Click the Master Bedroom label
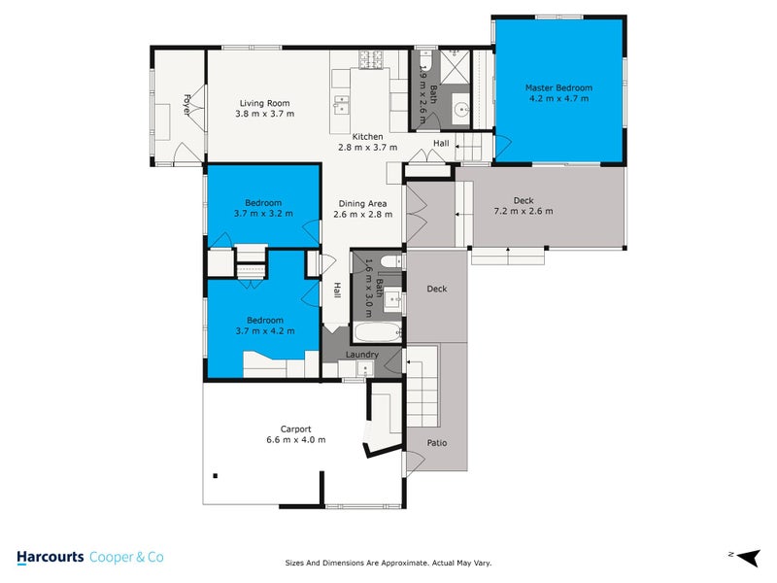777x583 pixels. pyautogui.click(x=558, y=87)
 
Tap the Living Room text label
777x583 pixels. pyautogui.click(x=264, y=103)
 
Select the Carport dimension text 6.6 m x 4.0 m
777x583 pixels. pyautogui.click(x=295, y=439)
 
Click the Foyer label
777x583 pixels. pyautogui.click(x=186, y=103)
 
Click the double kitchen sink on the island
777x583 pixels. pyautogui.click(x=343, y=101)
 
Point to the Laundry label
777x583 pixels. pyautogui.click(x=362, y=355)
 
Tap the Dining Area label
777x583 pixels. pyautogui.click(x=360, y=203)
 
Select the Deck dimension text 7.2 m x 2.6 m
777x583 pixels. pyautogui.click(x=524, y=211)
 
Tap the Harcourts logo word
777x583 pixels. pyautogui.click(x=50, y=557)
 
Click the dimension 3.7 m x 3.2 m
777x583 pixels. pyautogui.click(x=263, y=213)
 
